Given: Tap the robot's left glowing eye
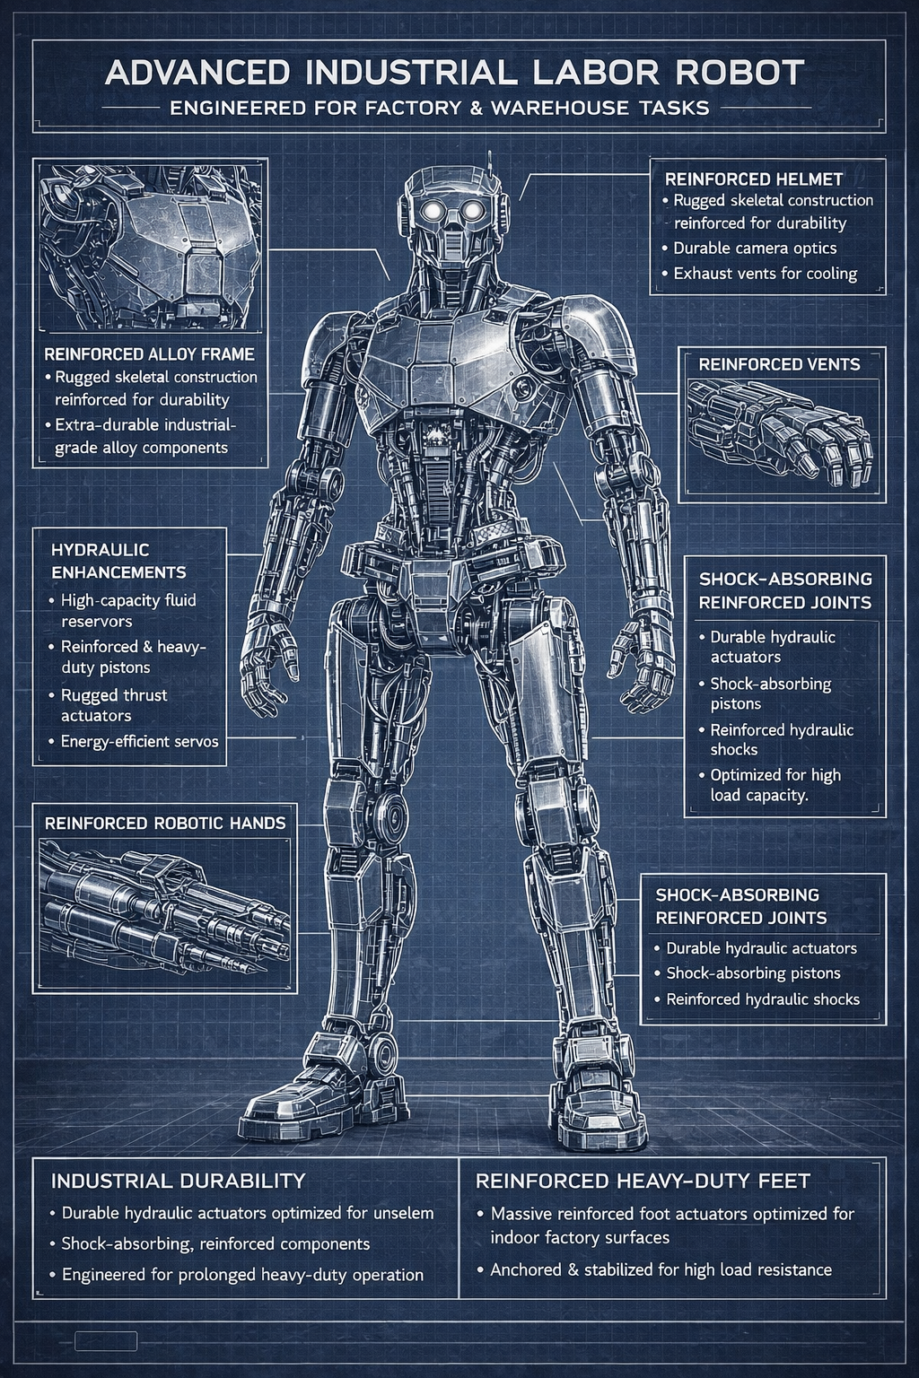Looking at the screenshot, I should [433, 211].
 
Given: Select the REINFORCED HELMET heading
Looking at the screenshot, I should [753, 179].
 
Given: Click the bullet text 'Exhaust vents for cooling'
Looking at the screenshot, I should [765, 274].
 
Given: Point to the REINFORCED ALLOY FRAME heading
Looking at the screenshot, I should [149, 353].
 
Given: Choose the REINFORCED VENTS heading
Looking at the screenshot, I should [779, 364].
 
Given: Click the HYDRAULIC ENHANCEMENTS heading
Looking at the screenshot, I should [118, 561].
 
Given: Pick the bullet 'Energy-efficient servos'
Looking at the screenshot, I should [139, 741].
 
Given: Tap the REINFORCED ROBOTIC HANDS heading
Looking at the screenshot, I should [165, 823].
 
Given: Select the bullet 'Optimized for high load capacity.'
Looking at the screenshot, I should [775, 785].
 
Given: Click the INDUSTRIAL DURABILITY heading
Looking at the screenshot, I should [178, 1181].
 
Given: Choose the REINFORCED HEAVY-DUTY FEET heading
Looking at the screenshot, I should [643, 1181].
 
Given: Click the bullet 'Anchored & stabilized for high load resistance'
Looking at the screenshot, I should [661, 1269].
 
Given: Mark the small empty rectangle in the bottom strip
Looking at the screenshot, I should [106, 1342].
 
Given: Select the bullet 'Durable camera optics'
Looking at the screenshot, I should [755, 249].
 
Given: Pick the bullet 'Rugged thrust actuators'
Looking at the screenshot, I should [114, 705].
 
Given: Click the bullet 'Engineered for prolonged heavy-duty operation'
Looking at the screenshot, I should [242, 1275].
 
